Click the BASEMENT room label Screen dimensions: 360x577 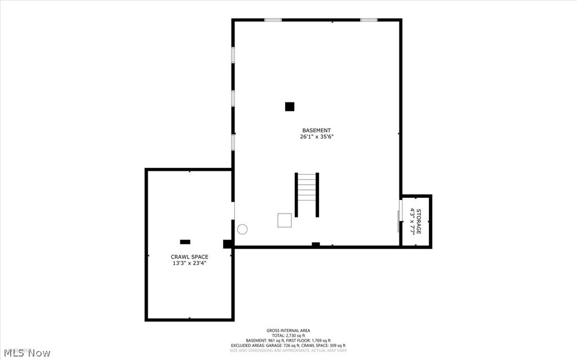click(316, 130)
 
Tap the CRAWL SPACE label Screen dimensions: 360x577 click(189, 257)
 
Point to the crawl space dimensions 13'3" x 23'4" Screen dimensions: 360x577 click(189, 263)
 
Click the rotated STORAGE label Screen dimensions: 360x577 click(419, 221)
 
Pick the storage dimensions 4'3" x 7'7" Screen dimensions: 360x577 click(412, 221)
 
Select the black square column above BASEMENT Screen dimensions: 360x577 click(290, 106)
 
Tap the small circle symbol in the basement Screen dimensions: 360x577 click(242, 229)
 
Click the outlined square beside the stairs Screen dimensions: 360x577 click(285, 220)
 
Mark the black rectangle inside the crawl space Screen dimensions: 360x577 click(185, 242)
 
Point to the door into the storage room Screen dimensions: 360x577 click(400, 221)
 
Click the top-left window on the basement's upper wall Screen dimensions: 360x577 click(273, 20)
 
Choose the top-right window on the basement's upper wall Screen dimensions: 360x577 click(369, 20)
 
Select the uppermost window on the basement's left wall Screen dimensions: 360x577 click(233, 55)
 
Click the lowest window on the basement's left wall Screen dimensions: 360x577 click(233, 141)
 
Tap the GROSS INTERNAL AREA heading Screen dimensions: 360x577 click(288, 331)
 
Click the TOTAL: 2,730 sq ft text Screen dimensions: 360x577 click(288, 336)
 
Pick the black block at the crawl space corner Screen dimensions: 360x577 click(228, 244)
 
